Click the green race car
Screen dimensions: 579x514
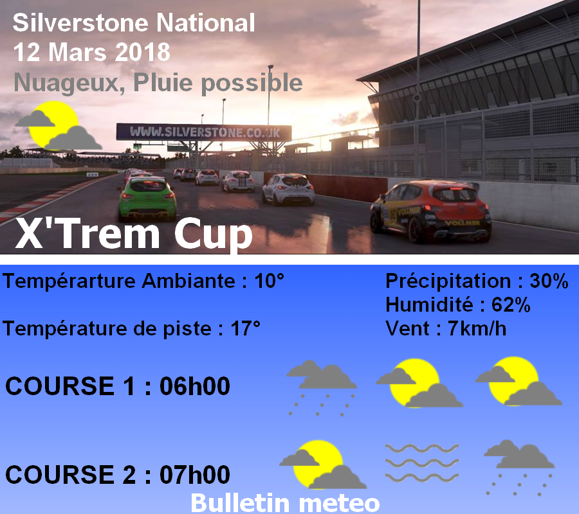coord(147,199)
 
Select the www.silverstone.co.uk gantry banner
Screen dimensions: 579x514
coord(204,132)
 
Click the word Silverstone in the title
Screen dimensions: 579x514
coord(81,22)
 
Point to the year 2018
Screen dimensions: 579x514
coord(143,52)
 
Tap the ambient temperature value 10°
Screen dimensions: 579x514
coord(269,281)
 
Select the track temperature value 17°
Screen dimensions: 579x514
coord(246,328)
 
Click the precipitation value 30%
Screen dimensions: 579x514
coord(549,281)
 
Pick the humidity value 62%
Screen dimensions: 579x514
coord(511,305)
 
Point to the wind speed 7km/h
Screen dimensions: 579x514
coord(477,328)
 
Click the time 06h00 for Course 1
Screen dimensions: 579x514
coord(194,386)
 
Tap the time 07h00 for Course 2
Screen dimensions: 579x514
coord(194,475)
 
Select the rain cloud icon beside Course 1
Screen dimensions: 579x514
coord(322,388)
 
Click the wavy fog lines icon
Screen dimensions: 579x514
coord(421,463)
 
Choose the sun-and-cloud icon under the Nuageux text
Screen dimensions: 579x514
coord(58,125)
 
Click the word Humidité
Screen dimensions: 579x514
coord(429,305)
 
